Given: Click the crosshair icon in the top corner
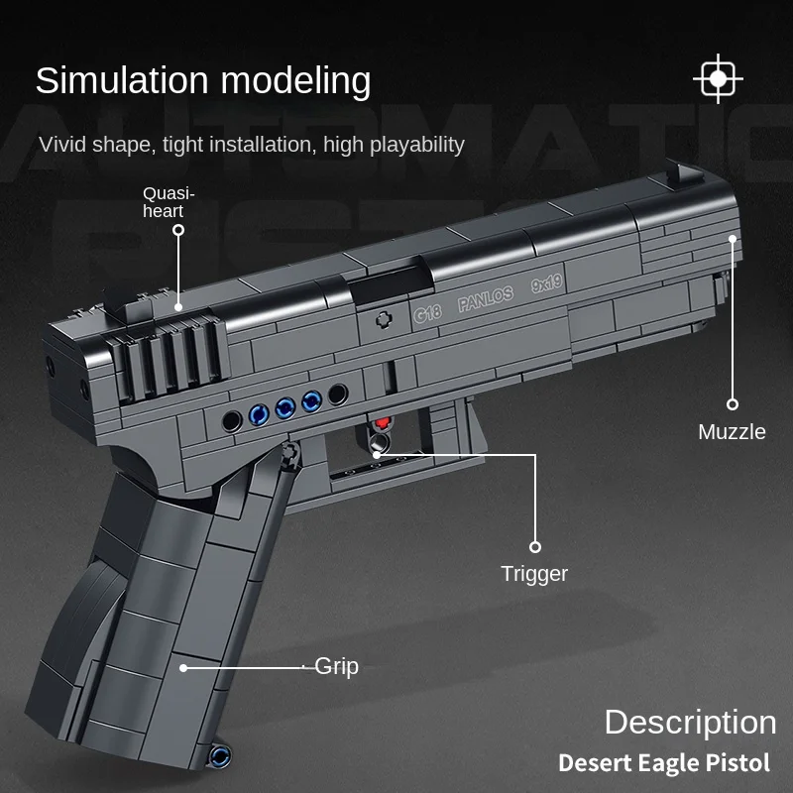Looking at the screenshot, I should click(719, 79).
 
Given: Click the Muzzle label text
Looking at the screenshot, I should click(732, 432).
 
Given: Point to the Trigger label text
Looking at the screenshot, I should click(534, 574).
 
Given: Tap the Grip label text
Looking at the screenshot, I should click(337, 667).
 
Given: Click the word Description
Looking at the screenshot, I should click(690, 722).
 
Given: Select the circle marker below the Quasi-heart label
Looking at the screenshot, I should click(178, 230).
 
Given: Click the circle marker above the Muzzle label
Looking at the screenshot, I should click(733, 403).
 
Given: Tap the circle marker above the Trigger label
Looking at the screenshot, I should click(535, 546).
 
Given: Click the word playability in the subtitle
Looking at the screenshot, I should click(417, 145).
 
